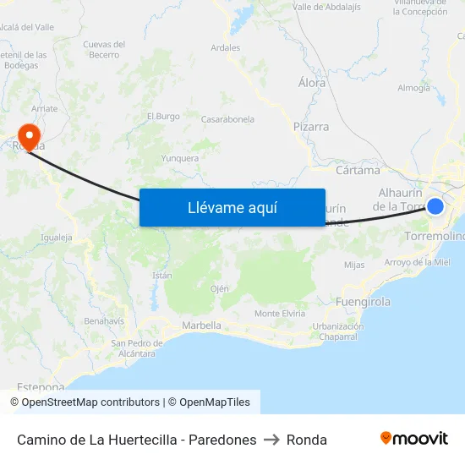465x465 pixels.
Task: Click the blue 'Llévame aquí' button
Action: click(232, 207)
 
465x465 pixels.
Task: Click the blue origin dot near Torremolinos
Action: click(435, 206)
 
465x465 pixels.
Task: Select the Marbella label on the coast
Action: click(201, 325)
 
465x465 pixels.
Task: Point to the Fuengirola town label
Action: click(363, 301)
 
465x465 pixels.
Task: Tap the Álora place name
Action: click(312, 83)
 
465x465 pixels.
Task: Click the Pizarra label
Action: click(310, 127)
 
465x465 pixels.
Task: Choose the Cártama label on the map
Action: click(358, 170)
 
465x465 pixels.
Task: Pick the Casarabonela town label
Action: click(227, 120)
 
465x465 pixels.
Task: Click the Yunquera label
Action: click(180, 157)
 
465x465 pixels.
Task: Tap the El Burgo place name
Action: click(163, 116)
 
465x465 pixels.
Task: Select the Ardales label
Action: click(226, 48)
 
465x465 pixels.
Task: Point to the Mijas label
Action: click(355, 265)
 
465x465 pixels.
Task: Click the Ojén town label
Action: click(220, 288)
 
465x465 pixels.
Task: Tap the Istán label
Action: click(162, 276)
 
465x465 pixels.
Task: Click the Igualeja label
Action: click(57, 238)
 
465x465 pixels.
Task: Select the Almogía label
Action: click(413, 88)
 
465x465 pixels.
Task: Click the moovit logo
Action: click(414, 439)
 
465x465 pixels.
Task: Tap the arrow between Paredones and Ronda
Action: click(271, 440)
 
